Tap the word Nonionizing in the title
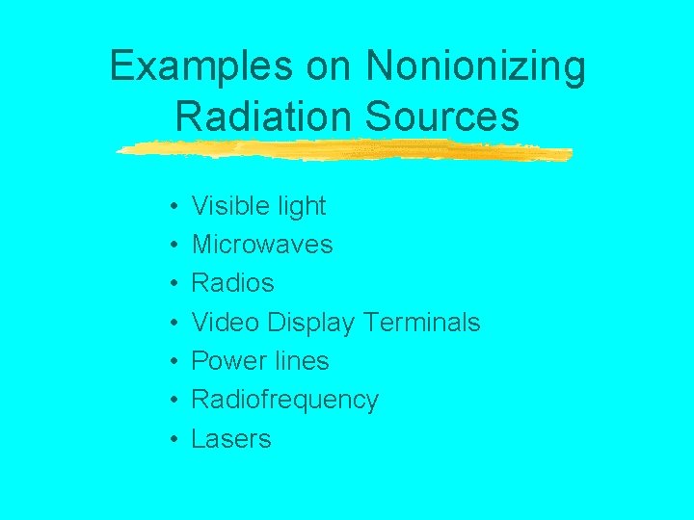pos(475,67)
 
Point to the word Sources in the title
pos(442,117)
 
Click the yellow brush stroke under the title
pos(342,150)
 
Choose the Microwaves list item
pos(262,245)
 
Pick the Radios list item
pos(232,283)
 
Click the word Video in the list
pos(226,322)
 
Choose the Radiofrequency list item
pos(284,400)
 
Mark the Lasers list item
pos(231,439)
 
